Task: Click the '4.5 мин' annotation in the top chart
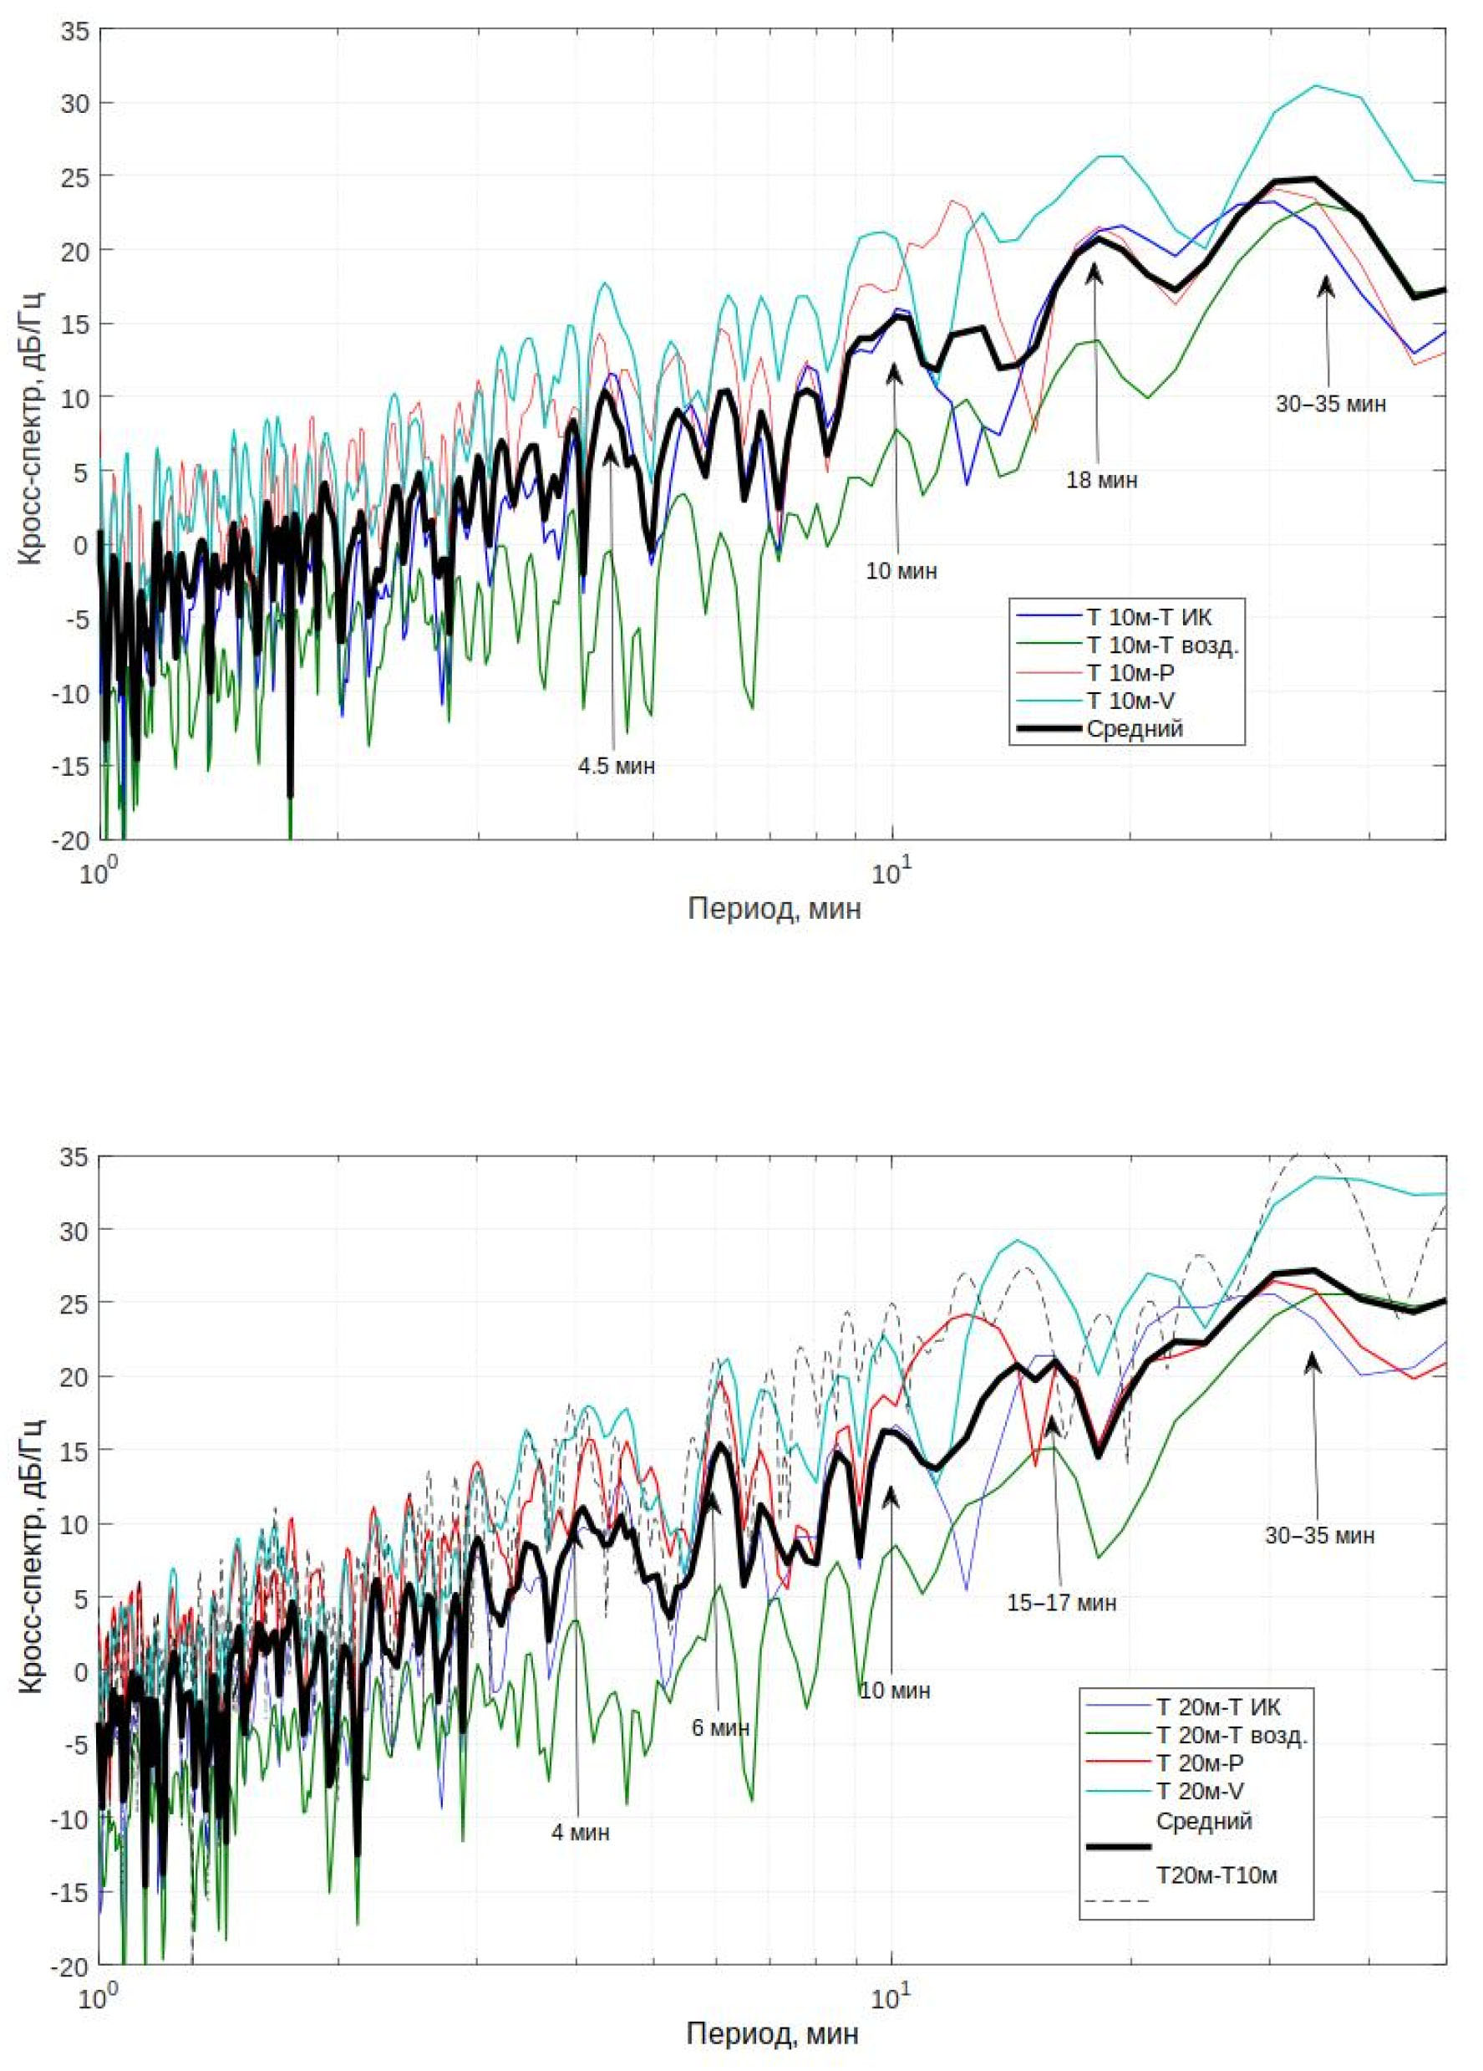pyautogui.click(x=616, y=766)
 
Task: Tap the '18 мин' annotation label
pyautogui.click(x=1101, y=480)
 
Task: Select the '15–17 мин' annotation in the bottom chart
pyautogui.click(x=1061, y=1603)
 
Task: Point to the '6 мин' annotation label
pyautogui.click(x=720, y=1728)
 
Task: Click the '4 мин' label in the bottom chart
pyautogui.click(x=581, y=1833)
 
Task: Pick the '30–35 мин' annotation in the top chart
pyautogui.click(x=1331, y=404)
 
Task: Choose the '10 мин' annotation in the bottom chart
pyautogui.click(x=896, y=1691)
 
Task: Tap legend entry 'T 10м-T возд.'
pyautogui.click(x=1162, y=645)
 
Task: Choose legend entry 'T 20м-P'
pyautogui.click(x=1199, y=1762)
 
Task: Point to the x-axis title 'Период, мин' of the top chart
pyautogui.click(x=774, y=910)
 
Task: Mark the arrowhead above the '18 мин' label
pyautogui.click(x=1094, y=270)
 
